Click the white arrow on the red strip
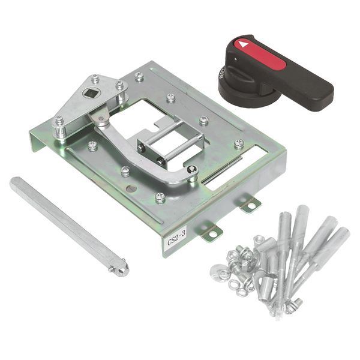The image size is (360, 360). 242,44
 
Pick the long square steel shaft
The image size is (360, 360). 66,223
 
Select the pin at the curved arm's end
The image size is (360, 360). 191,172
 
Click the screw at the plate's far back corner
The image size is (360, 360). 139,76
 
